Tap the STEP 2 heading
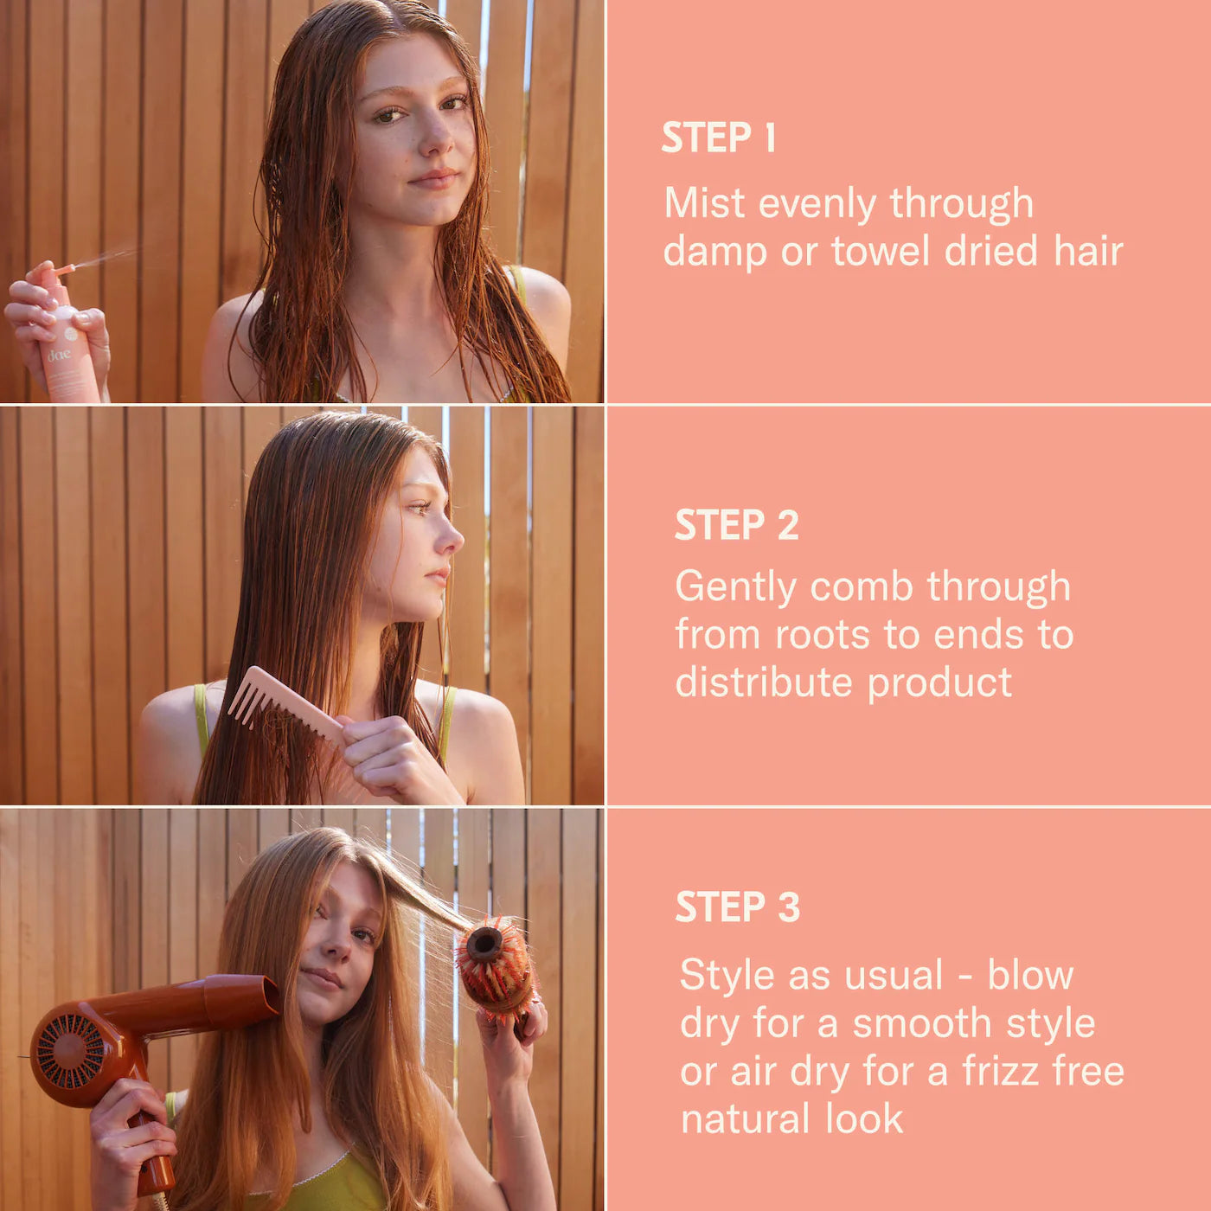pos(736,525)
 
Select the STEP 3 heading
pos(738,907)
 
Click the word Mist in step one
pos(705,203)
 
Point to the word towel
pos(881,251)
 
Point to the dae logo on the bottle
pos(59,355)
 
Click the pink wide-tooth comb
pos(286,707)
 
